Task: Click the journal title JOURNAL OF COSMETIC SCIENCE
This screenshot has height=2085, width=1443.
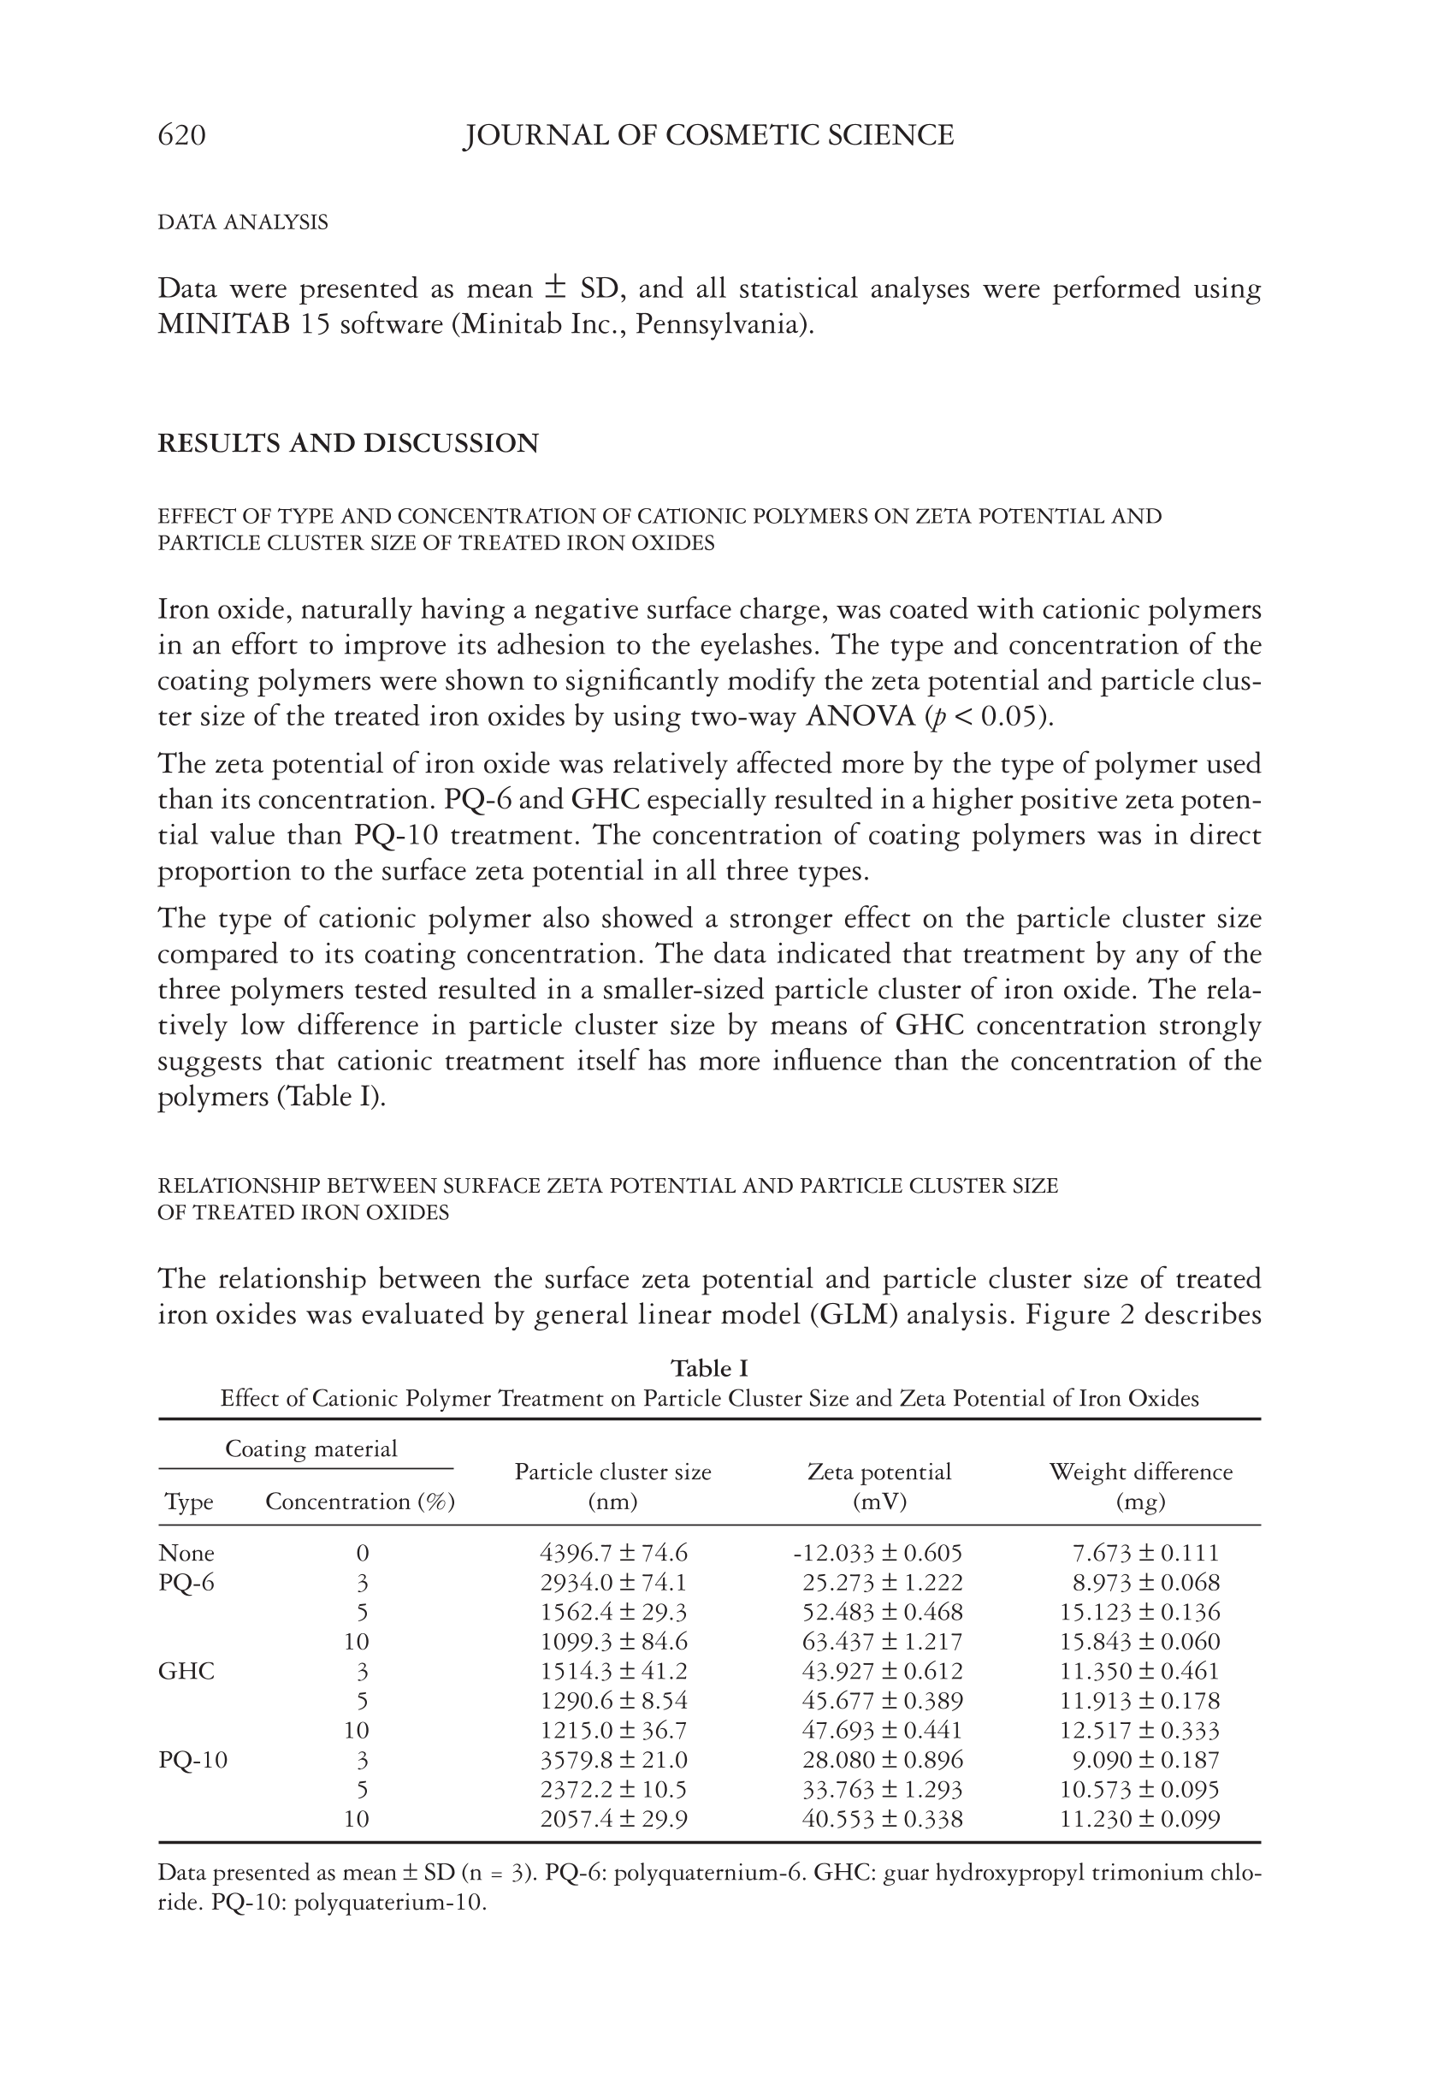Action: [x=708, y=136]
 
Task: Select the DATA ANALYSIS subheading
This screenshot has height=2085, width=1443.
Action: [x=242, y=222]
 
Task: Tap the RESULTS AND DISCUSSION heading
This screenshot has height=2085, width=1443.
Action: [x=348, y=443]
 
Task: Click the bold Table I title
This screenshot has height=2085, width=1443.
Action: [x=709, y=1368]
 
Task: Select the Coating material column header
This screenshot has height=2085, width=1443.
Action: [x=311, y=1448]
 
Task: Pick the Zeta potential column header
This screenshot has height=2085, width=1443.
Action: [x=878, y=1472]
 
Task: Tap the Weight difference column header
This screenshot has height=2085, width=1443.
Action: [x=1140, y=1472]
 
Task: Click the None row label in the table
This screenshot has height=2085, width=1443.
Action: [x=186, y=1554]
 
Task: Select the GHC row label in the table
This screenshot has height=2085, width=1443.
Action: [x=186, y=1671]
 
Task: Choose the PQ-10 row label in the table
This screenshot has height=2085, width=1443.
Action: [x=192, y=1760]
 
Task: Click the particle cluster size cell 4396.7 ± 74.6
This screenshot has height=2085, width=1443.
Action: [x=614, y=1554]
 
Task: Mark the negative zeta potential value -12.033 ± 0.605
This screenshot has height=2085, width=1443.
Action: [x=877, y=1554]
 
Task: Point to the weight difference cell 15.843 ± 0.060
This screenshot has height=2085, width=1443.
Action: [x=1139, y=1641]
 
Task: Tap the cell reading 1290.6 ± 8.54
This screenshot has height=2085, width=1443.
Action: [x=614, y=1701]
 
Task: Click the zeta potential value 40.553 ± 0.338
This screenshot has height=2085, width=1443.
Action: [x=883, y=1818]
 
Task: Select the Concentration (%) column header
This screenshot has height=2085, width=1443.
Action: [x=360, y=1502]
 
